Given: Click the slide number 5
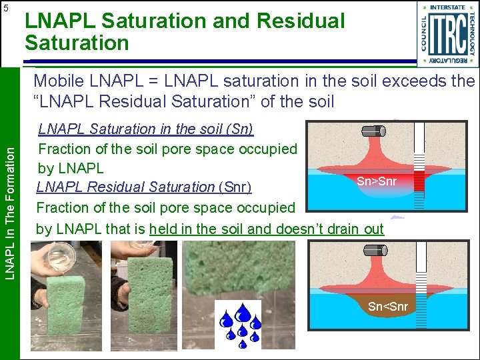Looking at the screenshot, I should tap(6, 8).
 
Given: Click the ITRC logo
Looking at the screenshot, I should tap(447, 35).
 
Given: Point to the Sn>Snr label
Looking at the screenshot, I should tap(376, 181).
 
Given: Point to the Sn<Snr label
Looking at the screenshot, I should tap(387, 307).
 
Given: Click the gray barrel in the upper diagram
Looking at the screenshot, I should tap(374, 131).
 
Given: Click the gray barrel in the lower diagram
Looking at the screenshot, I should tap(375, 252).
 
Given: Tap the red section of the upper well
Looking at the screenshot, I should tap(419, 181).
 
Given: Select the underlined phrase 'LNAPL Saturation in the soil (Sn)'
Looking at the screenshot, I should tap(145, 128).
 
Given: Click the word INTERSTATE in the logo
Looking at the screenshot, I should tap(447, 7).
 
